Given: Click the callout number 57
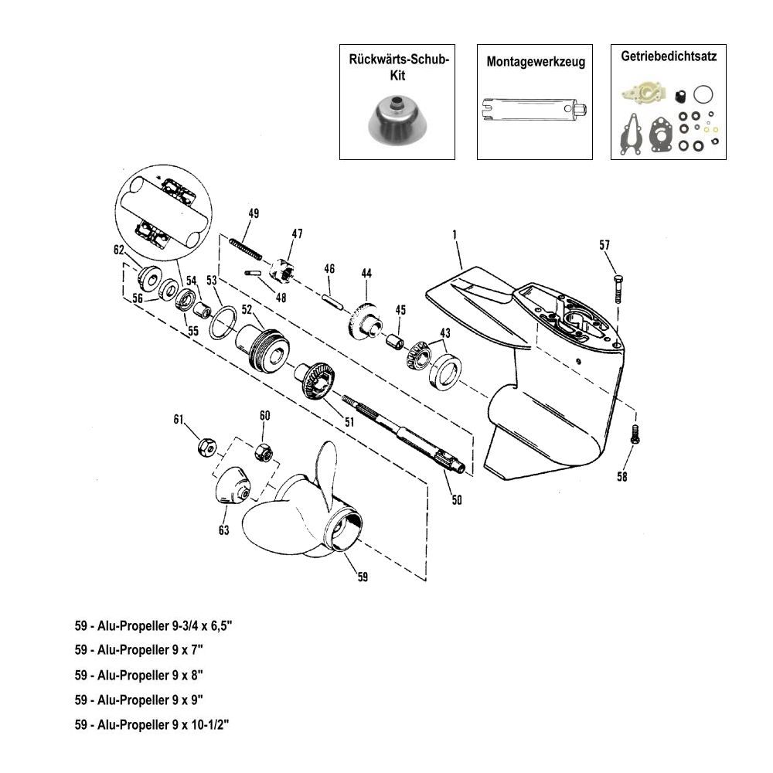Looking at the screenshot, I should pyautogui.click(x=604, y=245).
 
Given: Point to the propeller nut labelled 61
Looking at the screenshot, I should pyautogui.click(x=206, y=446).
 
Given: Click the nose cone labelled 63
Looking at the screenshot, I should pyautogui.click(x=232, y=487).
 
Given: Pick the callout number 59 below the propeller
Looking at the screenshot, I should pyautogui.click(x=363, y=576).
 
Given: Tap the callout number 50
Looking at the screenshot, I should pyautogui.click(x=456, y=500).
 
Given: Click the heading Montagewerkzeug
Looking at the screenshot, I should pyautogui.click(x=536, y=61).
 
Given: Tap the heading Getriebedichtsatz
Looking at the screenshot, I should pyautogui.click(x=669, y=57).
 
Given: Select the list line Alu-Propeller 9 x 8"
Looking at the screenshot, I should pyautogui.click(x=139, y=675).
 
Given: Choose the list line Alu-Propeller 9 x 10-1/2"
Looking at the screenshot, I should pyautogui.click(x=152, y=724).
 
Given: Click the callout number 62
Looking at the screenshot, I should pyautogui.click(x=118, y=250).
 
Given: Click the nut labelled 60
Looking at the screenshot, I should pyautogui.click(x=262, y=451).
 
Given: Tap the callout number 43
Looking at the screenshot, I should pyautogui.click(x=444, y=332).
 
